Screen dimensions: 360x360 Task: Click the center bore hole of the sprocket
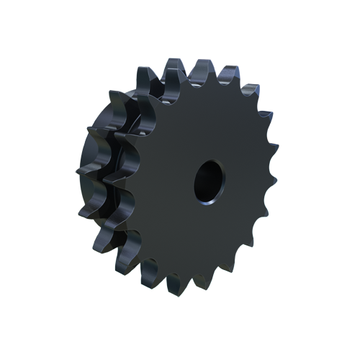coord(208,180)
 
